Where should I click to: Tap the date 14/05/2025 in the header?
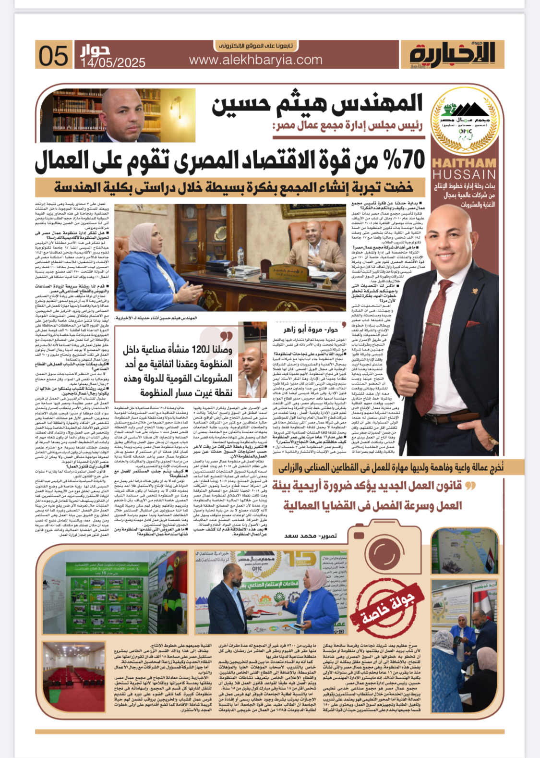pyautogui.click(x=113, y=62)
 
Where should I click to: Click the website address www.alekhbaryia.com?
pyautogui.click(x=255, y=60)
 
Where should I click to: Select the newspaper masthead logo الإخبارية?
pyautogui.click(x=452, y=54)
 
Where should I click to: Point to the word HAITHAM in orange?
pyautogui.click(x=464, y=163)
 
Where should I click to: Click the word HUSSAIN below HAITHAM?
pyautogui.click(x=464, y=174)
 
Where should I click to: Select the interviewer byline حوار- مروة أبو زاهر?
pyautogui.click(x=311, y=329)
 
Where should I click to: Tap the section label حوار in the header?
pyautogui.click(x=95, y=50)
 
